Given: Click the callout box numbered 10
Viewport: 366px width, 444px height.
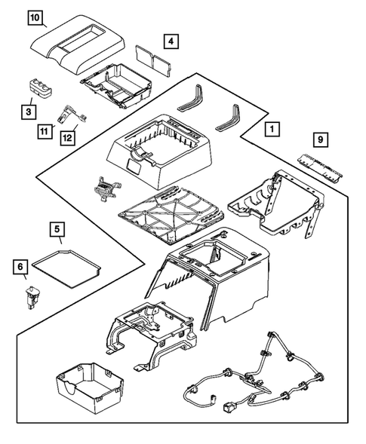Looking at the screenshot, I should click(x=37, y=17).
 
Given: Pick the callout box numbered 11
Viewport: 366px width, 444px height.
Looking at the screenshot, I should click(x=45, y=132).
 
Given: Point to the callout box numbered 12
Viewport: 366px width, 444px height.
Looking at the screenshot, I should click(x=69, y=138).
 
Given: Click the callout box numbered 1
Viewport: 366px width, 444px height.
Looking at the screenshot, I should click(x=269, y=129).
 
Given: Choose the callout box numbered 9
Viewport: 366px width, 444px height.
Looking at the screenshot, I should click(x=321, y=139).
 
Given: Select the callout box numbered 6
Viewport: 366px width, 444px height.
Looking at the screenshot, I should click(x=20, y=265).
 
